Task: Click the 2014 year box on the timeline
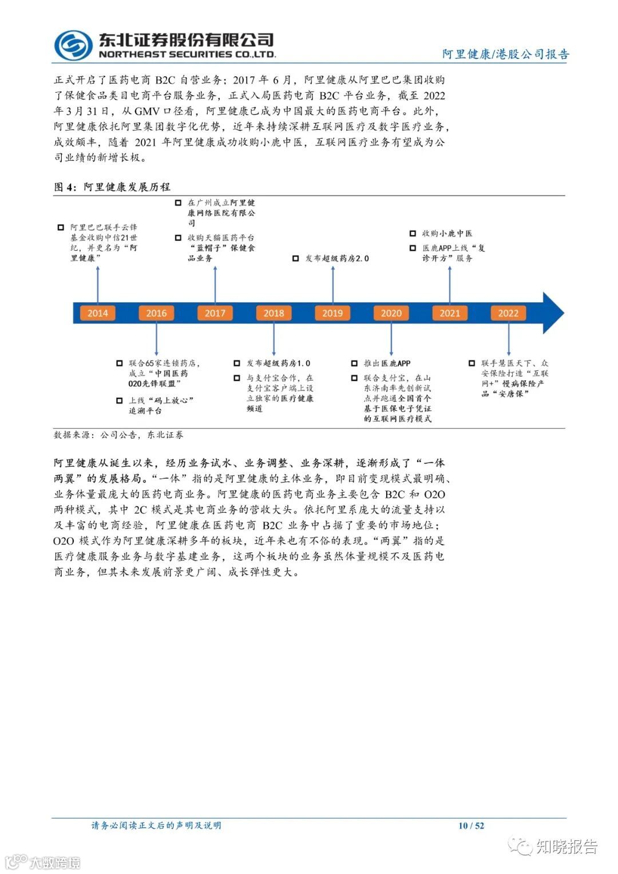click(x=97, y=313)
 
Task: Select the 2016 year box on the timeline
click(x=156, y=313)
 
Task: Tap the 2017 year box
click(x=215, y=313)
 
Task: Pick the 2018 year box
click(x=274, y=313)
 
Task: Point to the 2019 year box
click(x=332, y=313)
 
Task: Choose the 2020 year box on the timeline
click(x=391, y=313)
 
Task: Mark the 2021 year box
click(x=450, y=313)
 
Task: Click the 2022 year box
click(x=508, y=313)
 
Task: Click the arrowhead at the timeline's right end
click(x=552, y=313)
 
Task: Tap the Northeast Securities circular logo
click(x=73, y=44)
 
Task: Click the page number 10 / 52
click(x=471, y=825)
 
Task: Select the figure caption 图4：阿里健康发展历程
click(x=112, y=187)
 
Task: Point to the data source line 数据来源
click(x=118, y=435)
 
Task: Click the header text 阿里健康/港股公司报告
click(x=506, y=54)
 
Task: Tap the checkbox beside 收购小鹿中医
click(x=413, y=234)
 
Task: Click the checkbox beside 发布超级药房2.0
click(x=296, y=259)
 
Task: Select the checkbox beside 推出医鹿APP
click(x=355, y=363)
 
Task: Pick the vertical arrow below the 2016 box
click(x=156, y=339)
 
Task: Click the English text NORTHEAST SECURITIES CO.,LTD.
click(x=187, y=54)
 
